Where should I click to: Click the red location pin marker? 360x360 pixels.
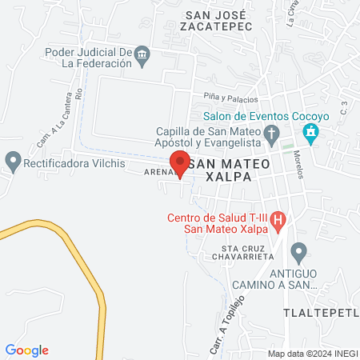181,162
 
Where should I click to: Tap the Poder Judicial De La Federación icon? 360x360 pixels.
142,54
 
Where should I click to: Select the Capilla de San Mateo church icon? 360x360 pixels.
271,133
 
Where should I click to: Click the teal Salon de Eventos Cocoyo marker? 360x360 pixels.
312,132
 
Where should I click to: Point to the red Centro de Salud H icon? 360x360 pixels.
278,218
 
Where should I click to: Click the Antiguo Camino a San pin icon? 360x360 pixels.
298,254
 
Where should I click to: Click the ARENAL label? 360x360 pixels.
158,171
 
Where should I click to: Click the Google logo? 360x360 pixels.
27,350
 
